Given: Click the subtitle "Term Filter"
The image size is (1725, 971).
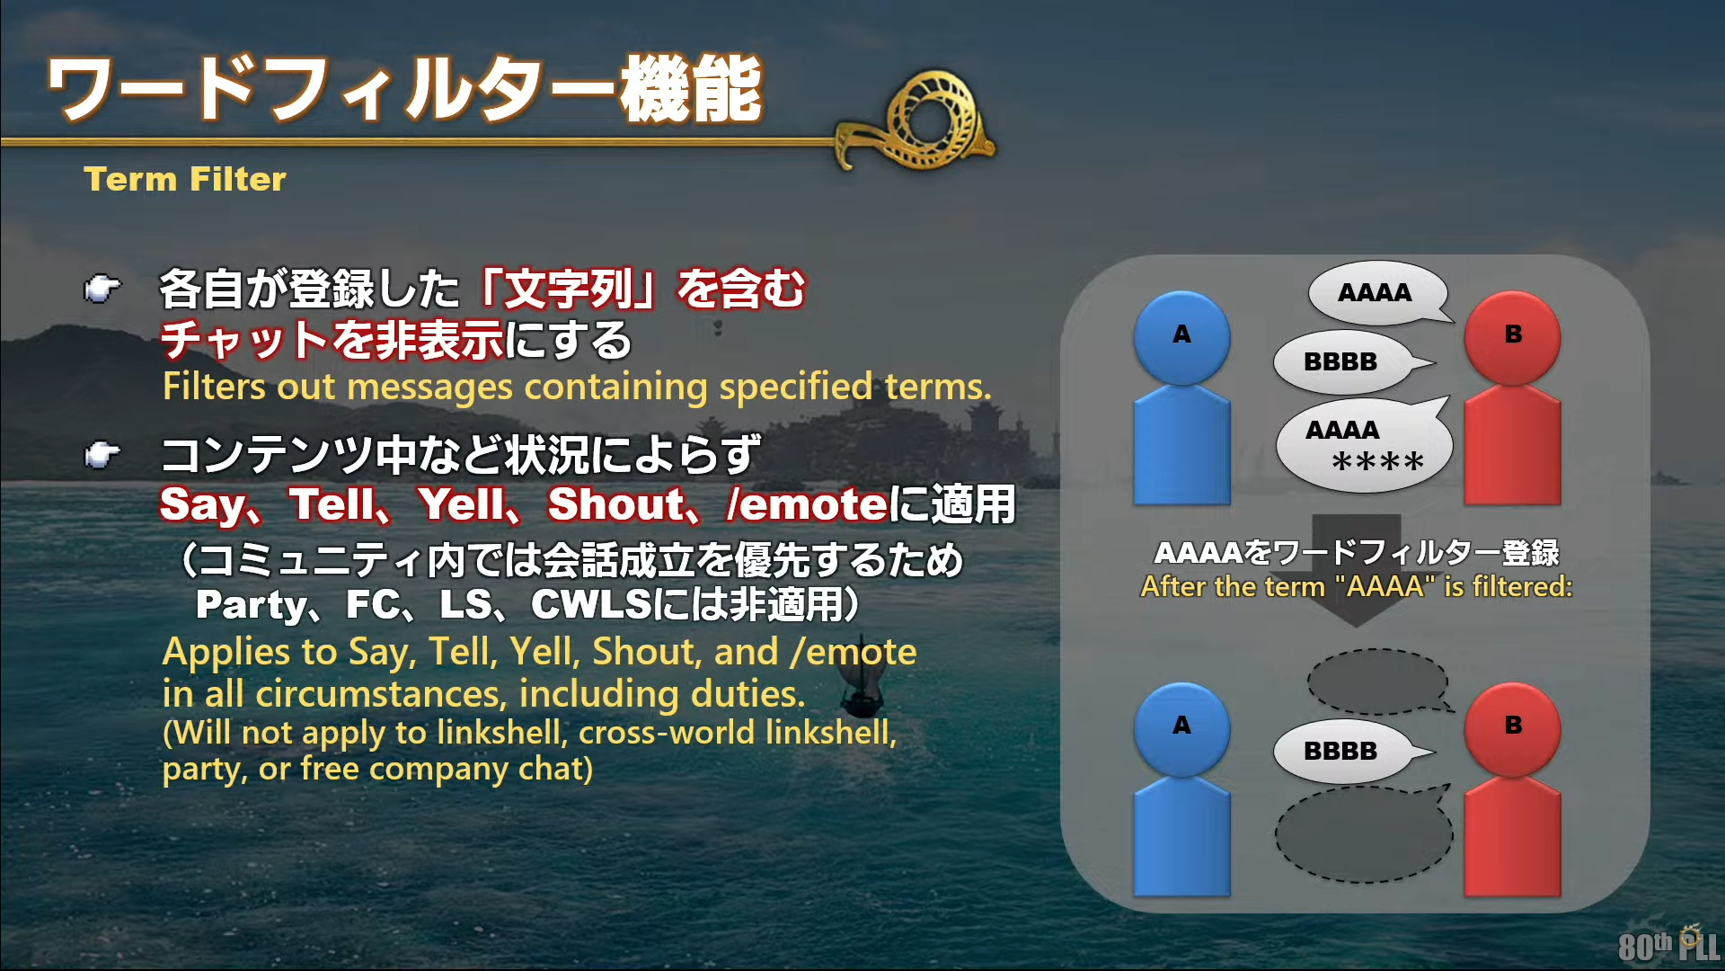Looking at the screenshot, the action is [x=185, y=179].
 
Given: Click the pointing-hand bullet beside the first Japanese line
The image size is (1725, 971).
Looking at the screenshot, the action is [x=102, y=290].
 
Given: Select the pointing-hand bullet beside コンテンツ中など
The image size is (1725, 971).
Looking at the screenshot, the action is [x=102, y=455].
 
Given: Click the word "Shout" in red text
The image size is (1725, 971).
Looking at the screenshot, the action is [x=616, y=504].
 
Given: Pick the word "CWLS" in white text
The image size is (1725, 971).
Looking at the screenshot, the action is [x=590, y=604].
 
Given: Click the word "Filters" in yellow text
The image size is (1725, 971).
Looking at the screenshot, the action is [x=215, y=387].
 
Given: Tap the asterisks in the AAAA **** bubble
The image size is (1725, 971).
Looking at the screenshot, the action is [x=1377, y=463].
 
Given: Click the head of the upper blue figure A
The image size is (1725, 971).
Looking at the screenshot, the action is [x=1181, y=337].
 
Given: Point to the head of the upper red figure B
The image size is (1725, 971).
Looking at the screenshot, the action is [x=1513, y=337].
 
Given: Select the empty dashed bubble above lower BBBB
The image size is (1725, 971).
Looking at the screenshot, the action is [x=1379, y=681].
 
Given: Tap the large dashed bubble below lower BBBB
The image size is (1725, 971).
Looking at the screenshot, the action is [x=1364, y=833].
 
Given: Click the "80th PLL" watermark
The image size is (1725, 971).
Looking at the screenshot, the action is [x=1668, y=944].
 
